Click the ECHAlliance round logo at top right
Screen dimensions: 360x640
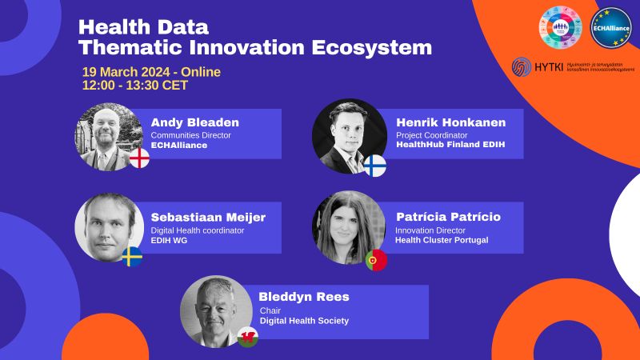click(611, 30)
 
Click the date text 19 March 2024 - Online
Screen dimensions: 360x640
click(151, 72)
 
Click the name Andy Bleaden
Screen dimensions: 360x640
click(194, 122)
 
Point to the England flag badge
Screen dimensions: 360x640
click(139, 158)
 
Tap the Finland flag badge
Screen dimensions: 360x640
click(375, 166)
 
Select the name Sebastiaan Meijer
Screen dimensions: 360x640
click(209, 217)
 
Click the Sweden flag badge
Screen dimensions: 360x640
click(132, 256)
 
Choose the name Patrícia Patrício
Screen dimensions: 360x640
click(448, 217)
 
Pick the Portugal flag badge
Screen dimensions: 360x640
click(376, 260)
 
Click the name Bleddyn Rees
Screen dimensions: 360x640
click(304, 297)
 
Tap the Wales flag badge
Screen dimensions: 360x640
click(248, 336)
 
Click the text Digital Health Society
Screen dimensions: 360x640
click(303, 321)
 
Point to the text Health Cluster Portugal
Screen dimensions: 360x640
click(441, 240)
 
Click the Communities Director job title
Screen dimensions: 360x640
click(190, 135)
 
